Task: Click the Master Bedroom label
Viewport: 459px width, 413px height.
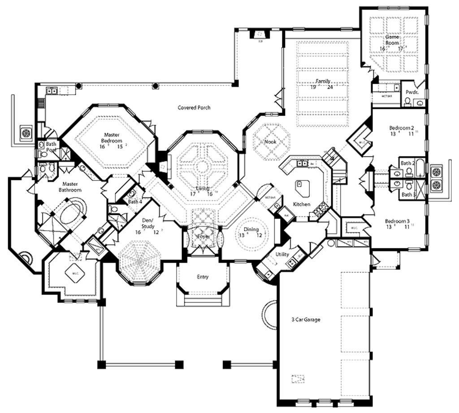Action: [x=111, y=137]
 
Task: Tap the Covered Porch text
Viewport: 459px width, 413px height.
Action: [x=194, y=108]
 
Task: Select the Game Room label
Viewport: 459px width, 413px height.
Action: [x=392, y=40]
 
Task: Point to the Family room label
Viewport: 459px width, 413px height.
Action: [x=323, y=81]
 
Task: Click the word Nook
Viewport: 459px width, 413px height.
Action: [x=270, y=141]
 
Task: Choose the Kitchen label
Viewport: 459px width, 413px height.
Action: [x=301, y=204]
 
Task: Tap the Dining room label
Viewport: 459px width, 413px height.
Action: [x=251, y=229]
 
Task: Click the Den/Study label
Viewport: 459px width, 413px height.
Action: [x=147, y=223]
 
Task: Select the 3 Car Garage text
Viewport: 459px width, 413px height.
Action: [x=305, y=320]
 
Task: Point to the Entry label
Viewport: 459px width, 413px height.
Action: [x=203, y=277]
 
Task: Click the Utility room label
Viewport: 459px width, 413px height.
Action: [x=282, y=255]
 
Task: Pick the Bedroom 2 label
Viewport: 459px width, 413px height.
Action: [x=402, y=127]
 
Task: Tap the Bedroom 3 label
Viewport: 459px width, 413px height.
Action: [x=398, y=221]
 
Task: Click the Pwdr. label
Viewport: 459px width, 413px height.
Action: [x=411, y=92]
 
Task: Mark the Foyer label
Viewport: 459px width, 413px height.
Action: [x=203, y=236]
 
